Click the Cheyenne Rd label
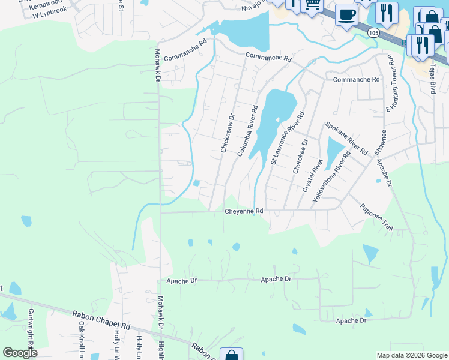click(244, 211)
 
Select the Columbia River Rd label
click(247, 131)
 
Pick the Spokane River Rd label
click(346, 139)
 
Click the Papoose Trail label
click(376, 218)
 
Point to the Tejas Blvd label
click(432, 80)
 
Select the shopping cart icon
click(312, 5)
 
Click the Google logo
click(20, 353)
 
